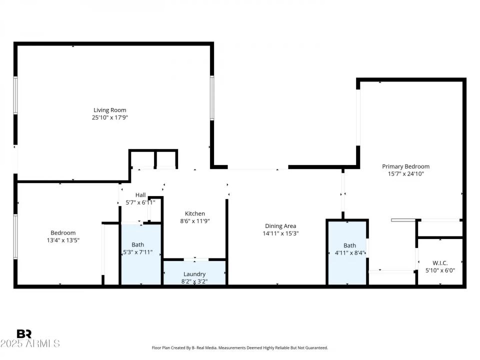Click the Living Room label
click(110, 110)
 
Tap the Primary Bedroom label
click(405, 166)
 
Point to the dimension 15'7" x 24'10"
click(405, 174)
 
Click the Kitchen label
click(194, 213)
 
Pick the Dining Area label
click(280, 226)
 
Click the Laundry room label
click(194, 274)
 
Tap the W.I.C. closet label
click(439, 263)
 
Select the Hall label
click(140, 195)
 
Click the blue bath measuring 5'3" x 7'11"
click(140, 255)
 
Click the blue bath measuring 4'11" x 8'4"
click(347, 252)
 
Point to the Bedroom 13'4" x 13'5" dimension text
click(63, 240)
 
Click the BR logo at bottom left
click(24, 333)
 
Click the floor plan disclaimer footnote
click(240, 347)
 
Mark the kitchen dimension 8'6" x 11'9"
click(194, 221)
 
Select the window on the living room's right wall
click(212, 97)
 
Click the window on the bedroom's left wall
click(15, 236)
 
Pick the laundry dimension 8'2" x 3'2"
click(194, 281)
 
